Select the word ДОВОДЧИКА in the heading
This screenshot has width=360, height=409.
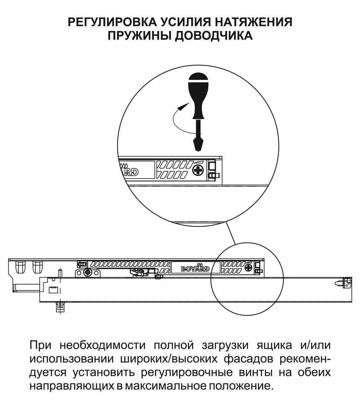(x=213, y=36)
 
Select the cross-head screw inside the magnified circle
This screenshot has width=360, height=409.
(x=198, y=170)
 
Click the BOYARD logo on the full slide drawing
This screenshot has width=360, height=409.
(x=195, y=268)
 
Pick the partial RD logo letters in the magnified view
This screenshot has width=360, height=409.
(x=131, y=171)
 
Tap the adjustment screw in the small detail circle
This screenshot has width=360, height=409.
(x=248, y=267)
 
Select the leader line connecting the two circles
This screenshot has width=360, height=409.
(x=231, y=233)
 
